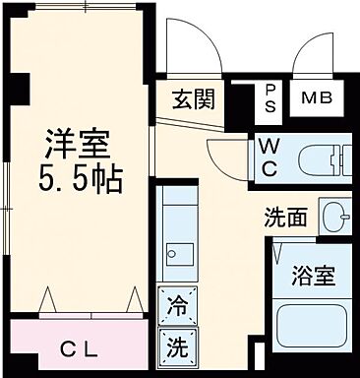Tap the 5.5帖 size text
click(x=81, y=180)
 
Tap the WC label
click(x=269, y=157)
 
